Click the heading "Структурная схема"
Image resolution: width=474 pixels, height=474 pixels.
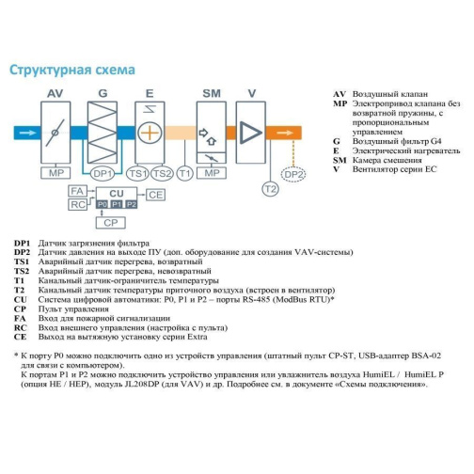pyautogui.click(x=72, y=70)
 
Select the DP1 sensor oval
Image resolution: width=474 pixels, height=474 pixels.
pyautogui.click(x=103, y=173)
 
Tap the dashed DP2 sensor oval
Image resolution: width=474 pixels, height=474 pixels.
pyautogui.click(x=293, y=174)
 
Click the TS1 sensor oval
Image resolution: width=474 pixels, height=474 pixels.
pyautogui.click(x=138, y=173)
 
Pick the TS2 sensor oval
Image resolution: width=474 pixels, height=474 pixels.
pyautogui.click(x=162, y=173)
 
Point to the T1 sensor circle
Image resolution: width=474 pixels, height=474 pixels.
pyautogui.click(x=185, y=173)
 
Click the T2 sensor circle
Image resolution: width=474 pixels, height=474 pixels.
pyautogui.click(x=270, y=189)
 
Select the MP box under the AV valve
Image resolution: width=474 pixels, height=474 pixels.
pyautogui.click(x=55, y=173)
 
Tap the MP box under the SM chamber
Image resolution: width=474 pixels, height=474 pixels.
pyautogui.click(x=212, y=173)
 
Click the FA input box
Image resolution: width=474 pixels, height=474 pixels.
pyautogui.click(x=77, y=191)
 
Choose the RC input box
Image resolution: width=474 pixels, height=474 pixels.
pyautogui.click(x=77, y=205)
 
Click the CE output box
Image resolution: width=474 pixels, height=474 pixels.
pyautogui.click(x=155, y=195)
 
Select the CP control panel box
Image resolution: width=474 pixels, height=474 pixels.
pyautogui.click(x=111, y=223)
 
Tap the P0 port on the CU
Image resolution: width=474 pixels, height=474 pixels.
pyautogui.click(x=103, y=204)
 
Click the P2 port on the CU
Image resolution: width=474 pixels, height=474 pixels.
pyautogui.click(x=131, y=204)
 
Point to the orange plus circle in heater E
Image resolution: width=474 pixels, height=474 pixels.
pyautogui.click(x=150, y=133)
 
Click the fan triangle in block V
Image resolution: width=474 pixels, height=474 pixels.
pyautogui.click(x=250, y=133)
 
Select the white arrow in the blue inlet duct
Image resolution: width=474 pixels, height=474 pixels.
pyautogui.click(x=28, y=133)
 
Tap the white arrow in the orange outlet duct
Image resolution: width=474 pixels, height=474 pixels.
pyautogui.click(x=285, y=133)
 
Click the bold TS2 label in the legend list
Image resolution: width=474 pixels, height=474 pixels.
pyautogui.click(x=22, y=271)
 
